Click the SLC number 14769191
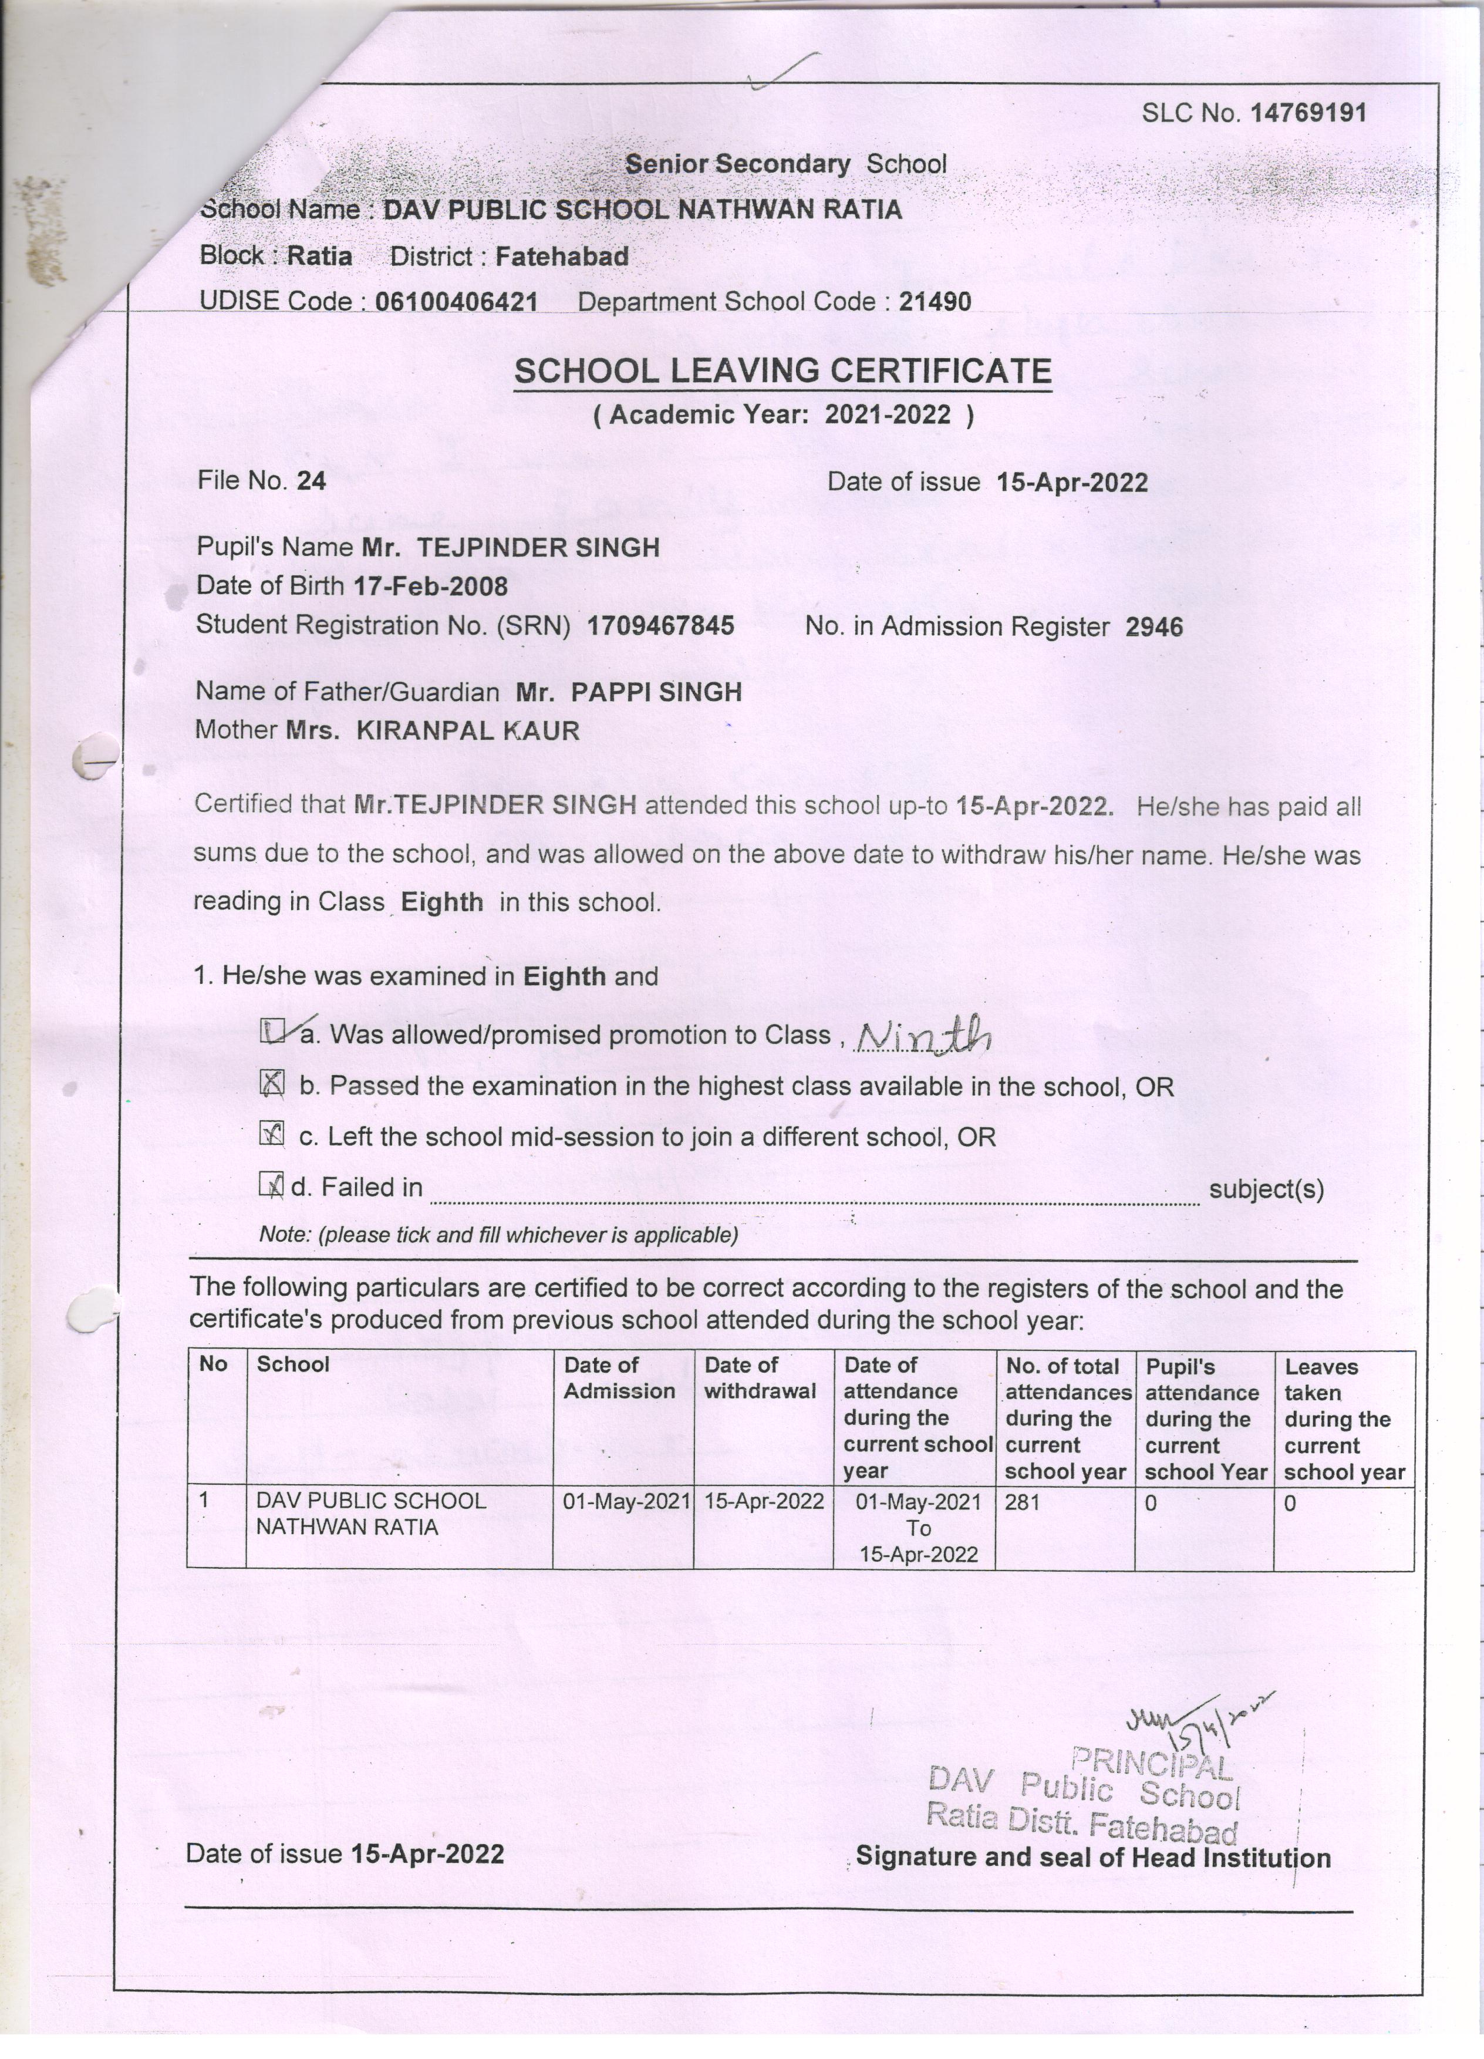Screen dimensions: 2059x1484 pyautogui.click(x=1308, y=113)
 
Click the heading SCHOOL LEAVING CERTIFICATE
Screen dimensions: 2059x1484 pyautogui.click(x=783, y=371)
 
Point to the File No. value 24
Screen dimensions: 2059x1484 pyautogui.click(x=311, y=481)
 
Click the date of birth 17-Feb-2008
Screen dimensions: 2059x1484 pyautogui.click(x=430, y=587)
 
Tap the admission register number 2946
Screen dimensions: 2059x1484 pyautogui.click(x=1154, y=627)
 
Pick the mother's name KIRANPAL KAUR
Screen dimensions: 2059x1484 pyautogui.click(x=467, y=731)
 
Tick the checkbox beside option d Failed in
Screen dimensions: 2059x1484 pyautogui.click(x=271, y=1185)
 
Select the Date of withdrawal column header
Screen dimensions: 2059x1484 pyautogui.click(x=760, y=1377)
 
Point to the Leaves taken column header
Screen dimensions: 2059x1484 pyautogui.click(x=1343, y=1418)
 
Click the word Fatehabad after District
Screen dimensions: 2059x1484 pyautogui.click(x=562, y=257)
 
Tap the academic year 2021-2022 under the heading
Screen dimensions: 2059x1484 pyautogui.click(x=888, y=415)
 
